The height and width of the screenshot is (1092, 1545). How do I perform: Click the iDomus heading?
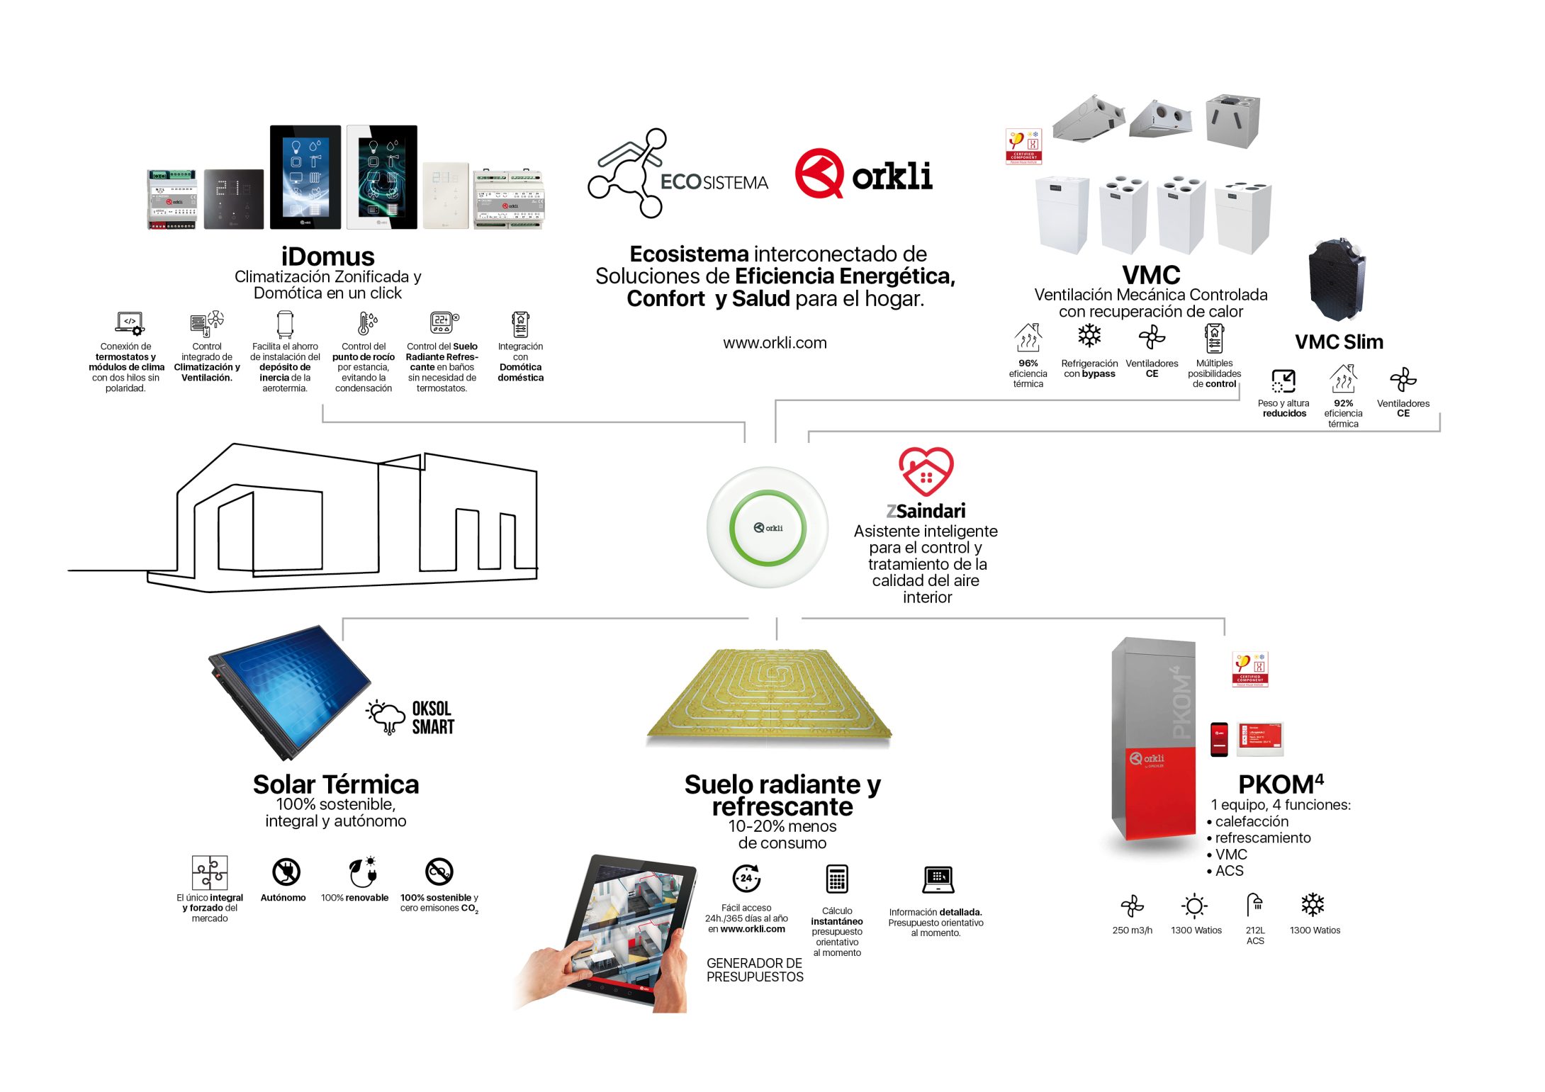point(327,257)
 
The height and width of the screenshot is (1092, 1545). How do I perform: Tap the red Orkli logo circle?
point(819,173)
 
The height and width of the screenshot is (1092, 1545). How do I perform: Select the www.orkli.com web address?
point(775,343)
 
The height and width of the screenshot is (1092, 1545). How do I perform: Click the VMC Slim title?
point(1338,342)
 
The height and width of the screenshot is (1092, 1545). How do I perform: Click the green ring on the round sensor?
point(768,496)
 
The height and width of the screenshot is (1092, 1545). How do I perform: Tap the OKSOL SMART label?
point(432,718)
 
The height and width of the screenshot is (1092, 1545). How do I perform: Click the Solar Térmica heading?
point(336,784)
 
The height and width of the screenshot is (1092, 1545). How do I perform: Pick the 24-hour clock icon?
point(746,878)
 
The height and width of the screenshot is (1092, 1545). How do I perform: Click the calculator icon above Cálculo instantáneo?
point(837,879)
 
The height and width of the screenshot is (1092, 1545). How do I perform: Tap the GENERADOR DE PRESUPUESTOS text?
point(755,969)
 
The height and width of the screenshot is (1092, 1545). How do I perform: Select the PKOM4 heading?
point(1280,784)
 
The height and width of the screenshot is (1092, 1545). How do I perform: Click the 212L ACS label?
point(1254,935)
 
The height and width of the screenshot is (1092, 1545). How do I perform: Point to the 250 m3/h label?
point(1132,930)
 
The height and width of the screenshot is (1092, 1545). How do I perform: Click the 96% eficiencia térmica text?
point(1028,373)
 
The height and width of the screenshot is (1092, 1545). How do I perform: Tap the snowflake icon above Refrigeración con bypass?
point(1089,335)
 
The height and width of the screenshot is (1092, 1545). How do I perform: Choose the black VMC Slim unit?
point(1337,280)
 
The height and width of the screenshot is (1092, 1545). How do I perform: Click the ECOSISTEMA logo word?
point(714,183)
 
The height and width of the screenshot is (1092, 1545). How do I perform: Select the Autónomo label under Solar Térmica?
point(283,898)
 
